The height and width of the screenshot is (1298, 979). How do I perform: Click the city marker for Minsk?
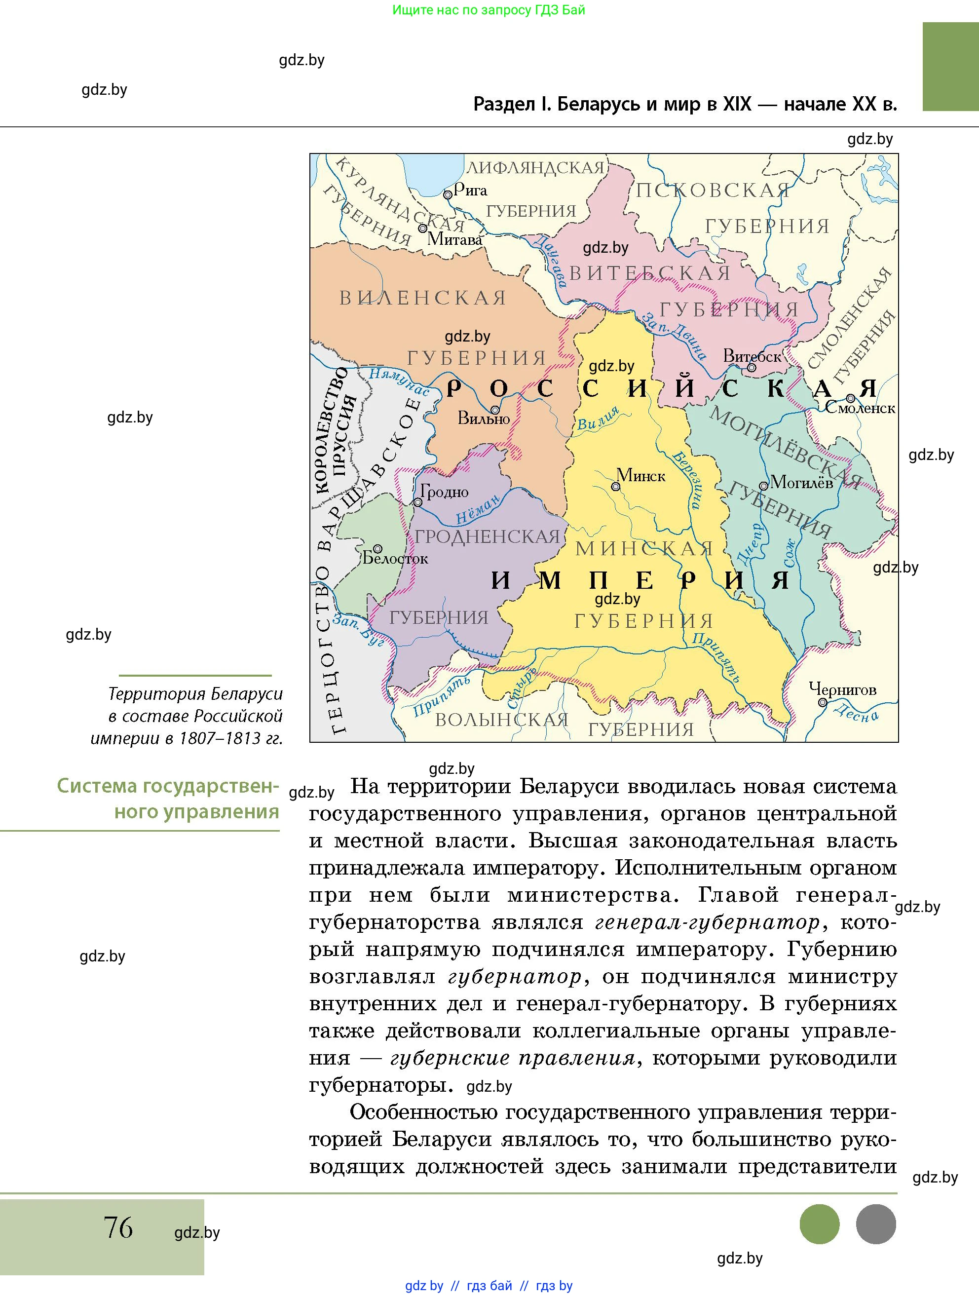pyautogui.click(x=615, y=487)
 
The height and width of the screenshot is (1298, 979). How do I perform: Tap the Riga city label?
pyautogui.click(x=470, y=190)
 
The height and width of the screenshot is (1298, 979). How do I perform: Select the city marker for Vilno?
pyautogui.click(x=495, y=410)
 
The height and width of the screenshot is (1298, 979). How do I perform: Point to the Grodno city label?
pyautogui.click(x=444, y=492)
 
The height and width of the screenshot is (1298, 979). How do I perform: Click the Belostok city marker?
pyautogui.click(x=378, y=548)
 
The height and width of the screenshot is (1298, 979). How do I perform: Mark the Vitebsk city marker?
pyautogui.click(x=752, y=368)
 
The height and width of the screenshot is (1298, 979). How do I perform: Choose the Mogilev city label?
pyautogui.click(x=801, y=482)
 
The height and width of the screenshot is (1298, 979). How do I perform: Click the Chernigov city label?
pyautogui.click(x=842, y=689)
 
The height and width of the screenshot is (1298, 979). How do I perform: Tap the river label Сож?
pyautogui.click(x=790, y=553)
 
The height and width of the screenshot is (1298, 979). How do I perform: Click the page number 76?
pyautogui.click(x=118, y=1226)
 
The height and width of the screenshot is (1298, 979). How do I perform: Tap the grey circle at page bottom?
pyautogui.click(x=876, y=1223)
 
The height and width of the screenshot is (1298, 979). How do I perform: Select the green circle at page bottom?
pyautogui.click(x=820, y=1223)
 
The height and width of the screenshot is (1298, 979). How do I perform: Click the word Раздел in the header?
pyautogui.click(x=504, y=105)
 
